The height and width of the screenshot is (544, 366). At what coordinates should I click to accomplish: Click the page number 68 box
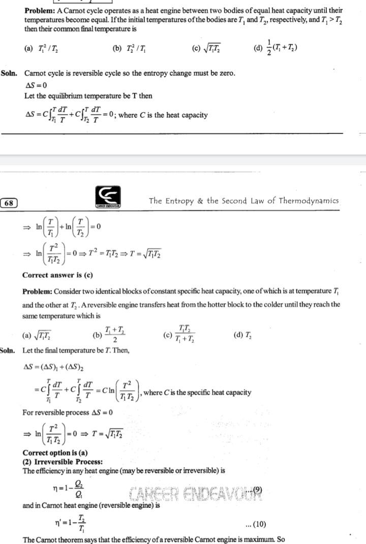pyautogui.click(x=9, y=203)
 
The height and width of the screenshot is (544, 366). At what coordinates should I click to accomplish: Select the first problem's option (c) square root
pyautogui.click(x=206, y=49)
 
